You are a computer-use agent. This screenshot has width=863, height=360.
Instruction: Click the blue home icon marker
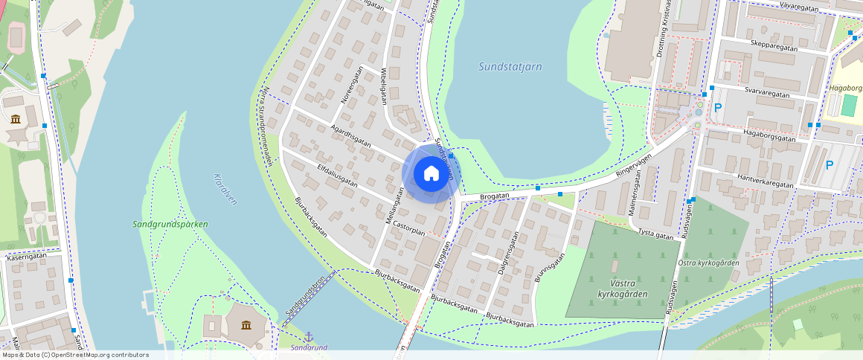click(431, 174)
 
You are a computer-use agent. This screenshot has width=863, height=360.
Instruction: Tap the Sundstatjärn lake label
click(510, 66)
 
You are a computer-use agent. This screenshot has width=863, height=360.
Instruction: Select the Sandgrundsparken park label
click(170, 224)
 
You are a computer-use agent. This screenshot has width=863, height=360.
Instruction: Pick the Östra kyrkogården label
click(709, 263)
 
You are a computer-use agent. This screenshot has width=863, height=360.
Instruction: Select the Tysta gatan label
click(655, 234)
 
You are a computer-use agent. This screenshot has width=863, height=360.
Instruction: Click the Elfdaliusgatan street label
click(337, 174)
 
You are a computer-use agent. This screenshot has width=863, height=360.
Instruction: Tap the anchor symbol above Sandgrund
click(309, 337)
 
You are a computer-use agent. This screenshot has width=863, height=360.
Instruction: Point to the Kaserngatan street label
click(27, 255)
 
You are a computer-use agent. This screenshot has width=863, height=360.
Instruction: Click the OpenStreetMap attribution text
click(75, 355)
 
